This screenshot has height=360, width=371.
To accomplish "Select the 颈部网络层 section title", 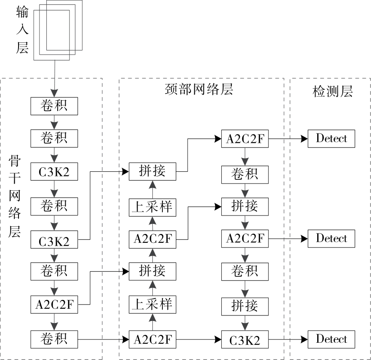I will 199,89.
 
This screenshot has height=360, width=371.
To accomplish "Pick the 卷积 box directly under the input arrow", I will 54,106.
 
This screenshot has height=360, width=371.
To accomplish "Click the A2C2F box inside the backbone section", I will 54,305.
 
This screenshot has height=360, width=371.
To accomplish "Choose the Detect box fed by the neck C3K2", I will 331,339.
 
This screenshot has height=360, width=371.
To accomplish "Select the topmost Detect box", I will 331,138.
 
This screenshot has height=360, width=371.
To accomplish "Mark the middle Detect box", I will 331,238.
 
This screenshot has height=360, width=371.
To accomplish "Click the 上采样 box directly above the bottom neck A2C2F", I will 153,304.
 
